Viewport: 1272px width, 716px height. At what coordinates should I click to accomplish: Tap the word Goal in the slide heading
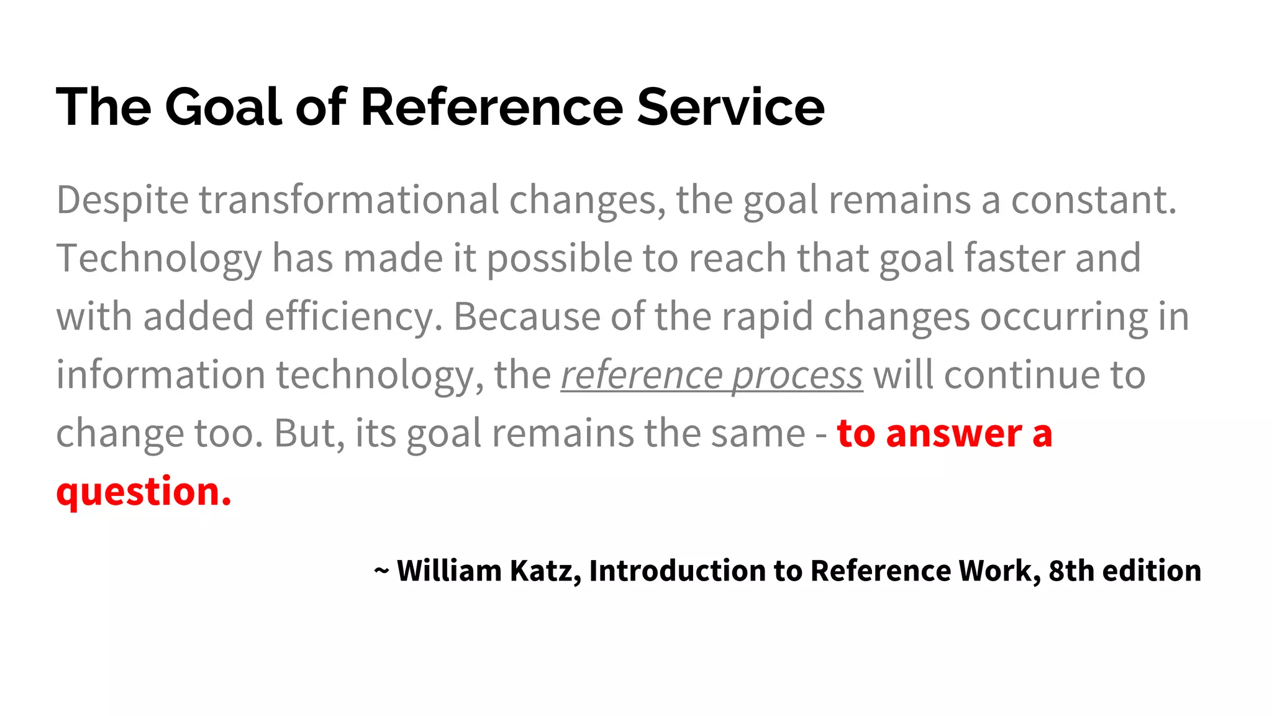coord(224,107)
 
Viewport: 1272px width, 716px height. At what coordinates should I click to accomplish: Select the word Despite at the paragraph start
coord(122,201)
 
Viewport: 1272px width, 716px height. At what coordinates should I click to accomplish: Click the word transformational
coord(348,201)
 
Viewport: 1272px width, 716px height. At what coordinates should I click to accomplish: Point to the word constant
coord(1093,201)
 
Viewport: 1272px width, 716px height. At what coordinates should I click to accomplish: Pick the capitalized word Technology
coord(159,259)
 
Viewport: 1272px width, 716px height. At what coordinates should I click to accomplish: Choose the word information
coord(160,375)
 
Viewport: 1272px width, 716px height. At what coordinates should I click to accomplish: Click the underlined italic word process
coord(797,376)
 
